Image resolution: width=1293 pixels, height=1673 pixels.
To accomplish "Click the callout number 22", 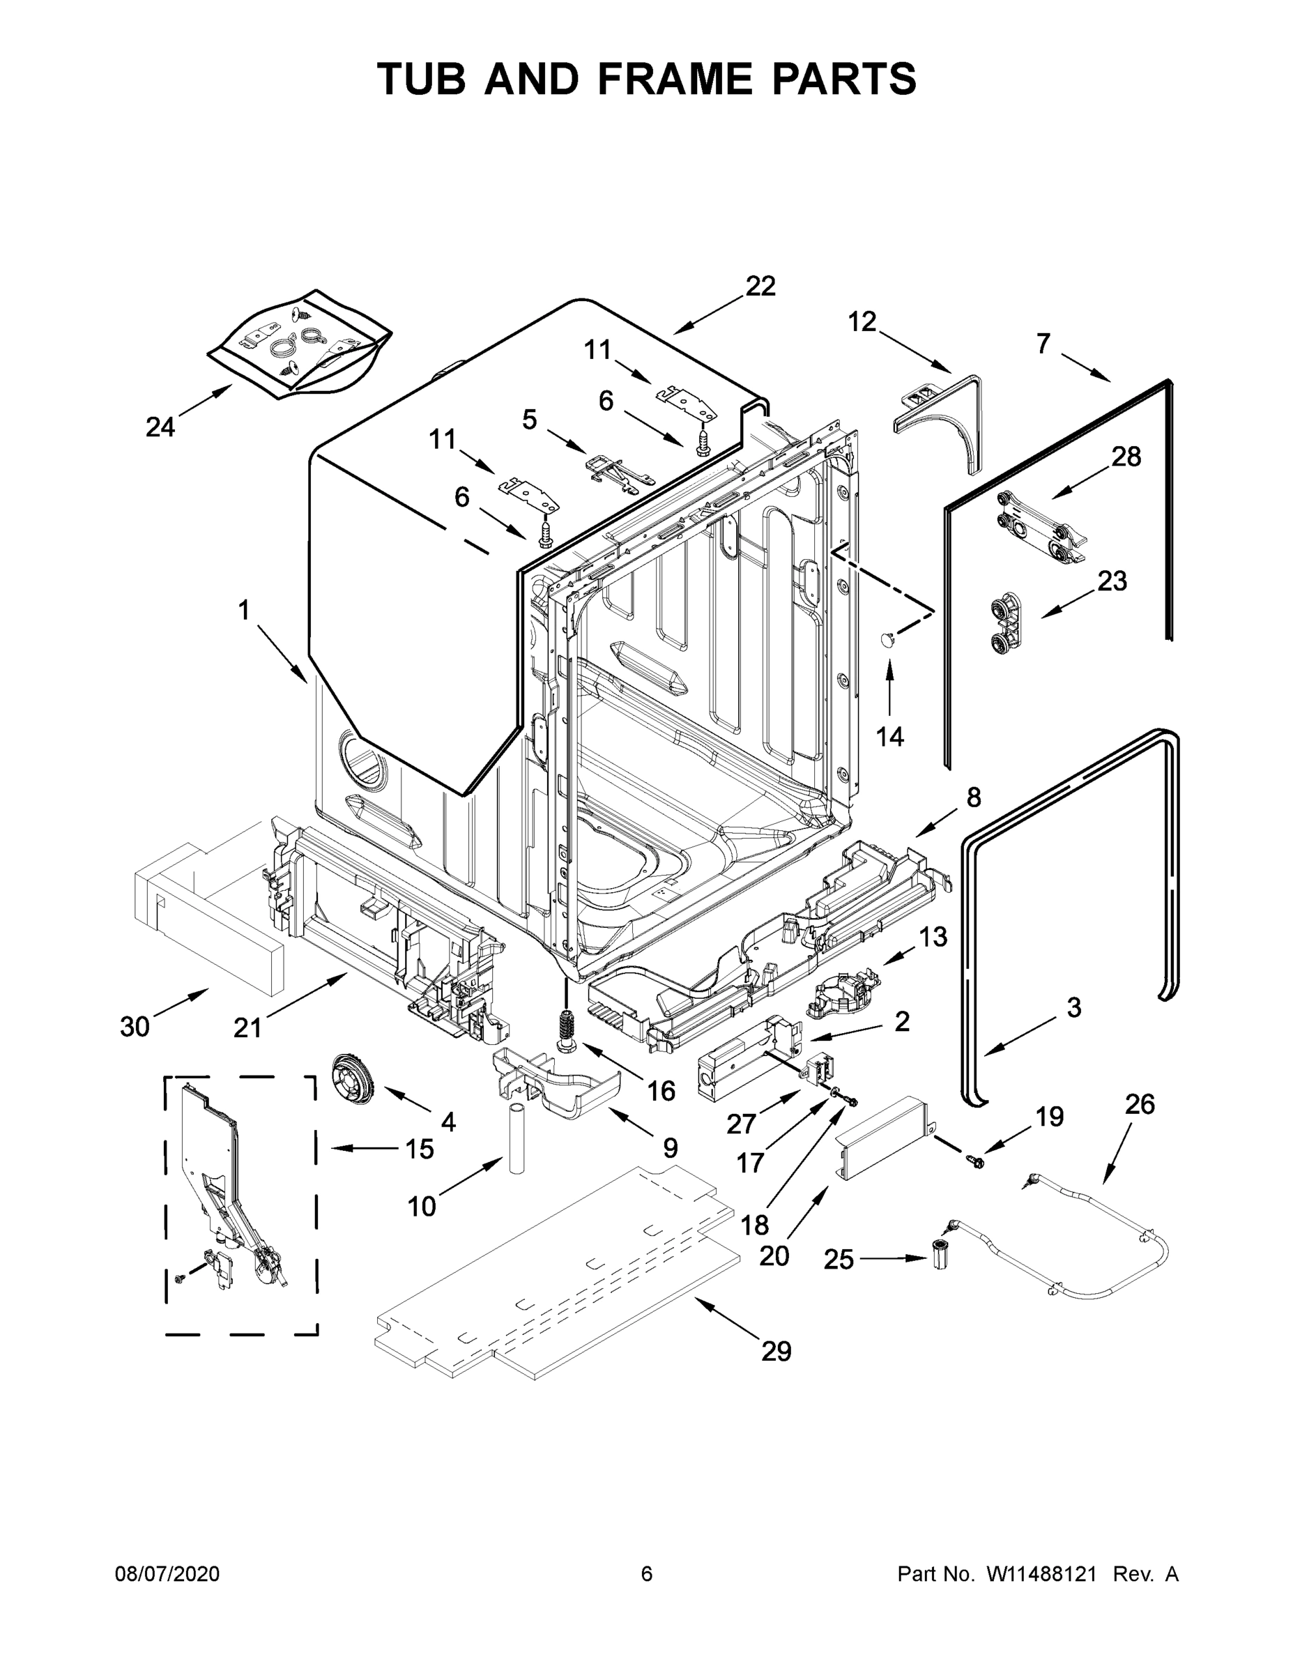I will click(x=760, y=286).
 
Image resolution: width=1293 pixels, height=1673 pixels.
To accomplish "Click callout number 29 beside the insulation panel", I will click(x=775, y=1350).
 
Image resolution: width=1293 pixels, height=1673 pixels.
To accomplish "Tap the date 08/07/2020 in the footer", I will click(x=167, y=1573).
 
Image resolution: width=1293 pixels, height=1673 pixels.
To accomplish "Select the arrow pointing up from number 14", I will click(x=889, y=688).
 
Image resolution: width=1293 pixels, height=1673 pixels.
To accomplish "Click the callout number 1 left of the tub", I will click(x=243, y=611).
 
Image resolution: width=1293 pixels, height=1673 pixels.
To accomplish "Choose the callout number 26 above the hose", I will click(x=1140, y=1104).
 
